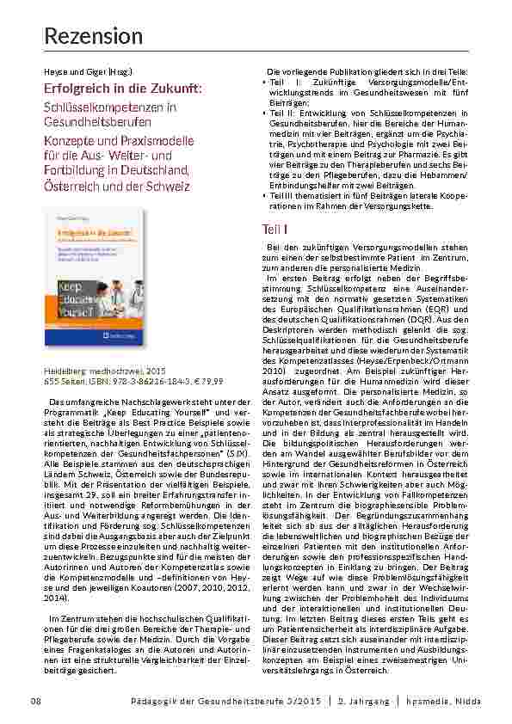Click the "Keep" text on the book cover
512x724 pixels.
click(x=80, y=282)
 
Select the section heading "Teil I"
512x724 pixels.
click(x=275, y=230)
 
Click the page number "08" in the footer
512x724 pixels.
click(x=36, y=702)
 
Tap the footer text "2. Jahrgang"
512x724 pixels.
click(x=365, y=702)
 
